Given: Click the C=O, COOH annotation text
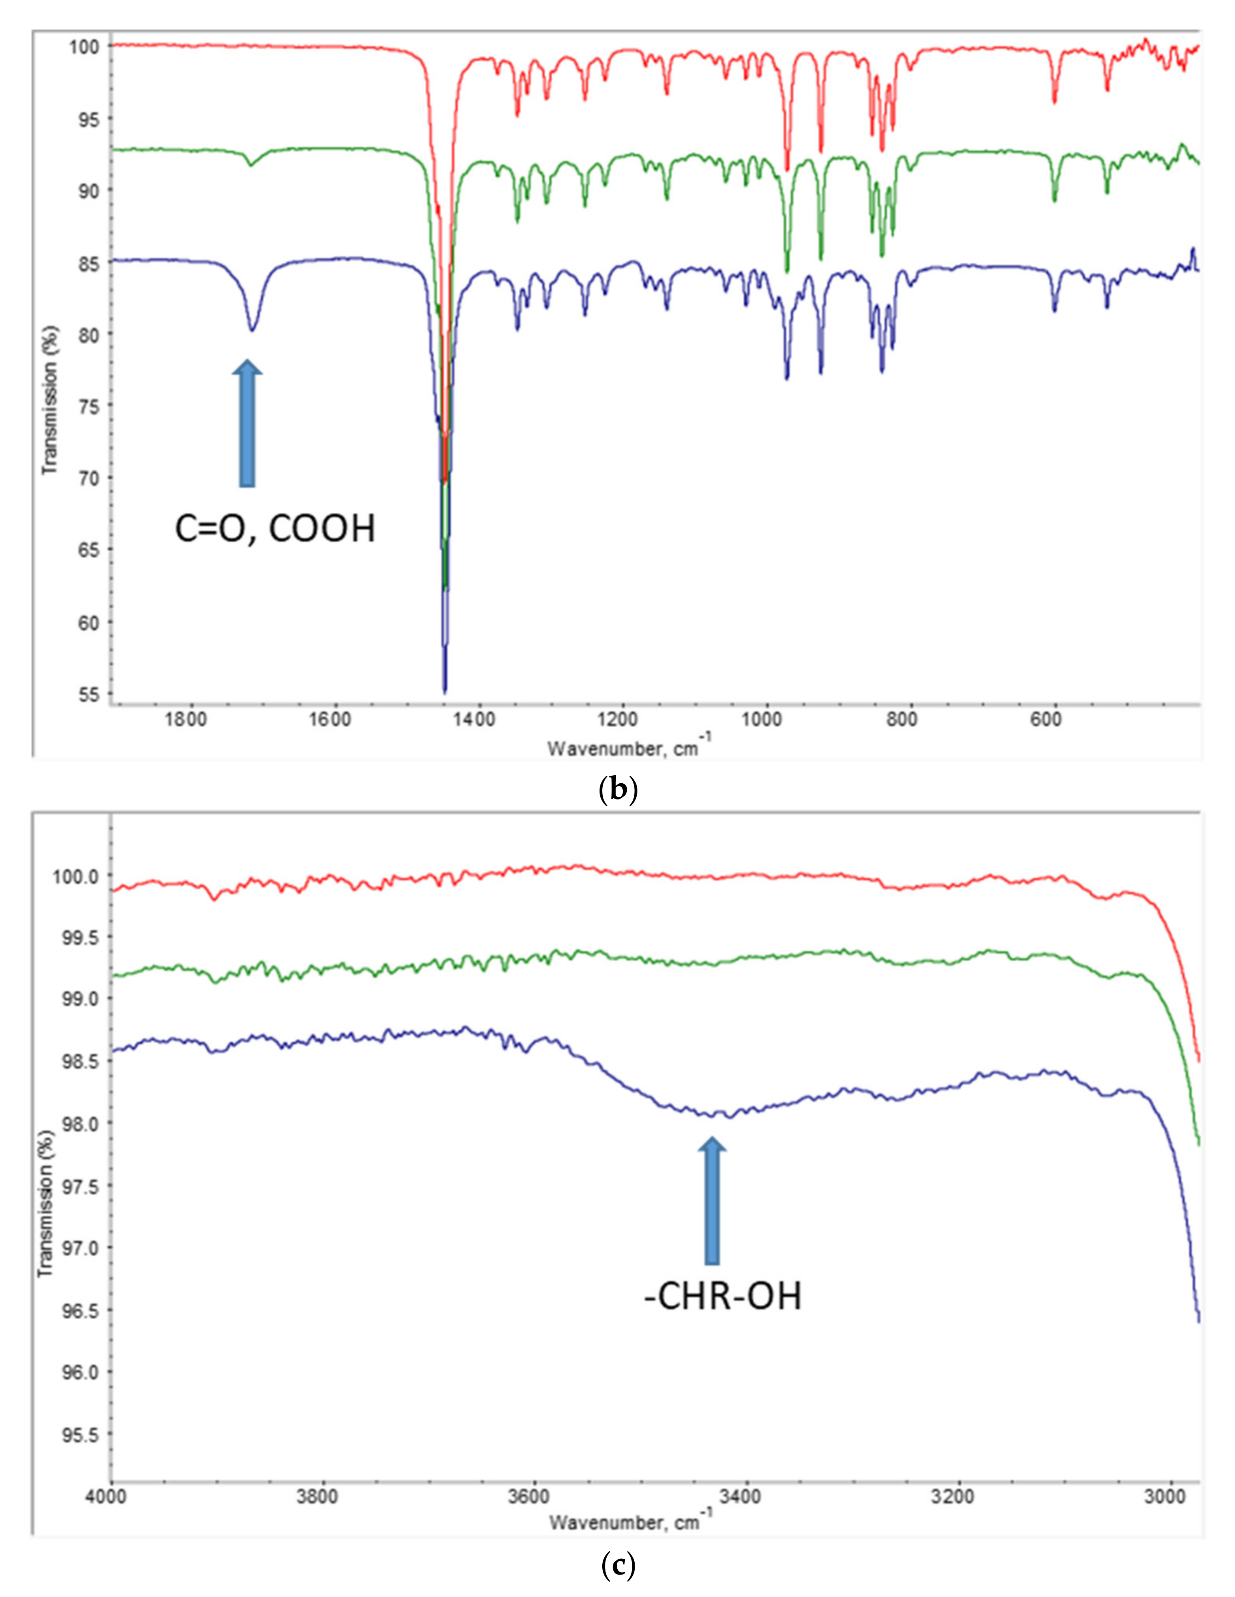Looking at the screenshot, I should pos(275,529).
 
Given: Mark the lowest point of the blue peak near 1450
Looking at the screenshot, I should pos(444,691).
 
